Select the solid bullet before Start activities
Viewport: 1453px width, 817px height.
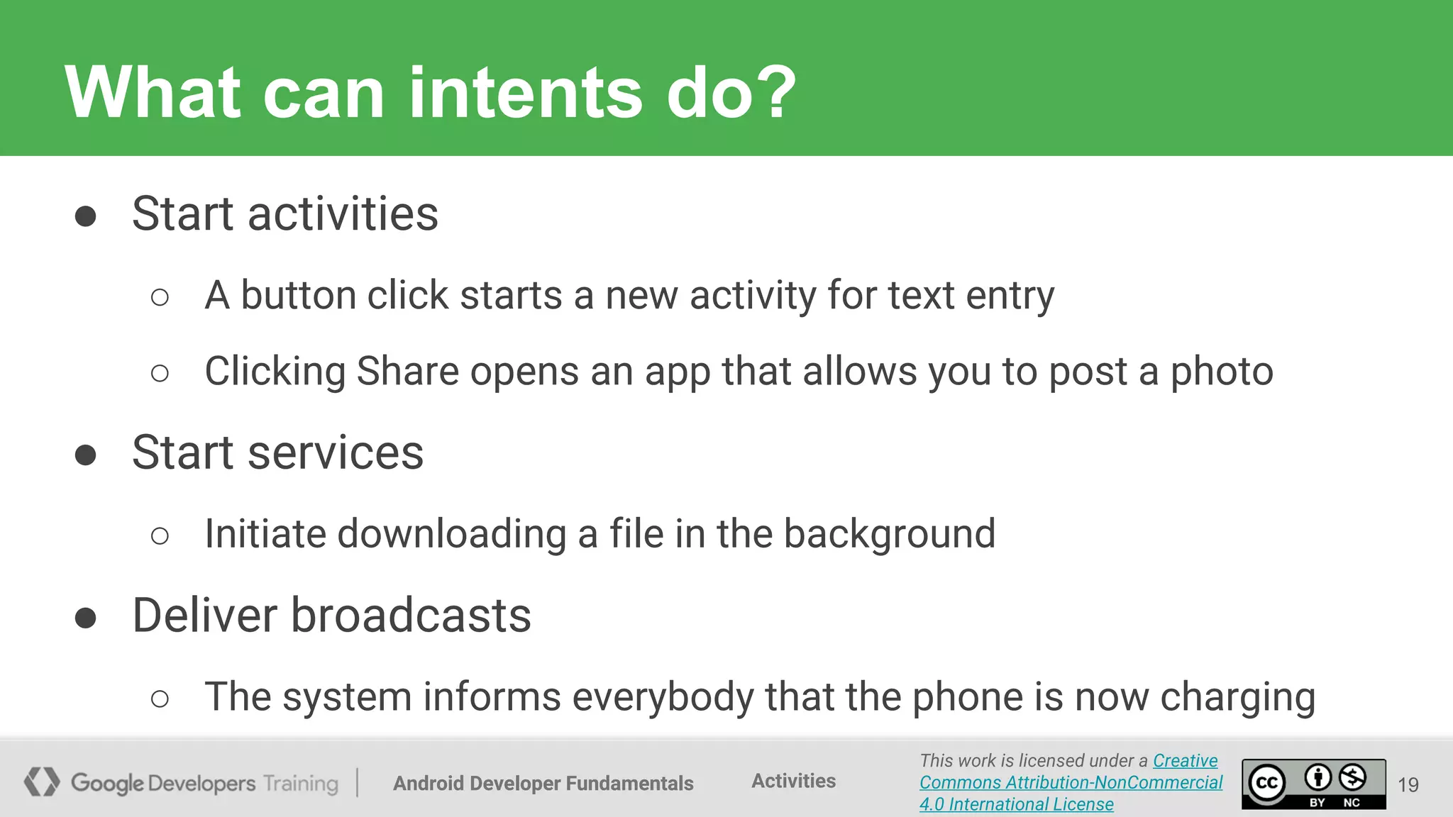tap(85, 216)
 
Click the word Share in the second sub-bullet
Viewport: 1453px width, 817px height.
tap(407, 371)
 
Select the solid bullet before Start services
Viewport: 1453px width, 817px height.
tap(85, 455)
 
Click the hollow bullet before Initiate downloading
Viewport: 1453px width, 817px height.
tap(160, 536)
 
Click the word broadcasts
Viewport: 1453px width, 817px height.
tap(411, 615)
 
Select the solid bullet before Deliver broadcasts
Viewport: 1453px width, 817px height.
tap(85, 617)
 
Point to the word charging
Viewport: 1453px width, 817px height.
tap(1237, 697)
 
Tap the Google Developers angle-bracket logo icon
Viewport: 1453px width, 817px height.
tap(41, 782)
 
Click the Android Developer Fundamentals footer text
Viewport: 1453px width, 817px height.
tap(543, 783)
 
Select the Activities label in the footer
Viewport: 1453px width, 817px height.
tap(793, 781)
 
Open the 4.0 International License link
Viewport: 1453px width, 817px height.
tap(1016, 804)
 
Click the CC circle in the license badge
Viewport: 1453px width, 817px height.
tap(1267, 784)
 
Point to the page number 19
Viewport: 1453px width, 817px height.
tap(1408, 784)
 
